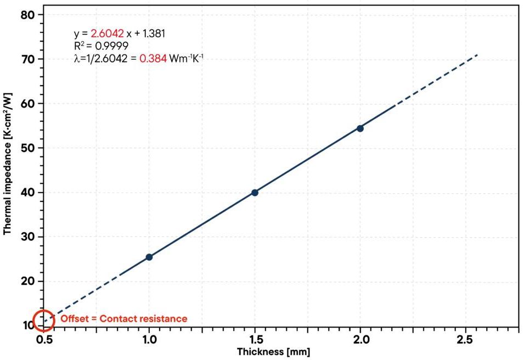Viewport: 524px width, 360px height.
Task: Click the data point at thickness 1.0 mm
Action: coord(149,257)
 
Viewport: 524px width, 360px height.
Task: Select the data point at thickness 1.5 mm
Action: coord(255,192)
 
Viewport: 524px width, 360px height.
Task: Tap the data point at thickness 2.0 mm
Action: coord(360,128)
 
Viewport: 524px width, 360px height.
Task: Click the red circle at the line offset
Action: coord(43,320)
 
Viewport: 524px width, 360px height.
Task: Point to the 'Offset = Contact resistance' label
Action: coord(123,319)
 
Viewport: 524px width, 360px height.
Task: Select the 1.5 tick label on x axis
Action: coord(255,340)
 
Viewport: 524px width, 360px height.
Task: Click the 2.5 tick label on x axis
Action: coord(465,340)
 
